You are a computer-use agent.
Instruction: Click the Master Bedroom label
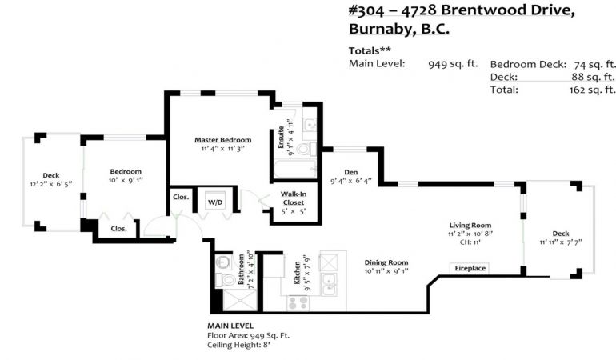(222, 140)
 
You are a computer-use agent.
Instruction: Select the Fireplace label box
(470, 268)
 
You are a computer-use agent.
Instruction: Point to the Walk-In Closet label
(294, 198)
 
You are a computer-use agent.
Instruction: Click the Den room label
(351, 172)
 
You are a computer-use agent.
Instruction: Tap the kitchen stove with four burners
(298, 302)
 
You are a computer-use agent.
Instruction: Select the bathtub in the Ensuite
(295, 169)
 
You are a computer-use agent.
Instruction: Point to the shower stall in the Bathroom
(240, 301)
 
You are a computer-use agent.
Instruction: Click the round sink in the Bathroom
(223, 262)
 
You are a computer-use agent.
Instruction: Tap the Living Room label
(470, 225)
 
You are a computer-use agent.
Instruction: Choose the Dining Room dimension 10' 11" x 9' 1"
(386, 271)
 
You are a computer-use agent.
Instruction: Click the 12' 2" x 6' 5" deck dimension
(51, 184)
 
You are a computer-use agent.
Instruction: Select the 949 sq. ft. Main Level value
(453, 64)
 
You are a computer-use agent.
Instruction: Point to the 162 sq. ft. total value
(592, 90)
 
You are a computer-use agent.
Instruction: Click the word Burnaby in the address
(379, 29)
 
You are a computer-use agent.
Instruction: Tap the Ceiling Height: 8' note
(238, 345)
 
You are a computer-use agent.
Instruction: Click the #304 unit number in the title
(366, 10)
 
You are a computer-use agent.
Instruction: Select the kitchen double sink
(329, 285)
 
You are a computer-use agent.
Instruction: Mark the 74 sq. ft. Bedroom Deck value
(594, 64)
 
